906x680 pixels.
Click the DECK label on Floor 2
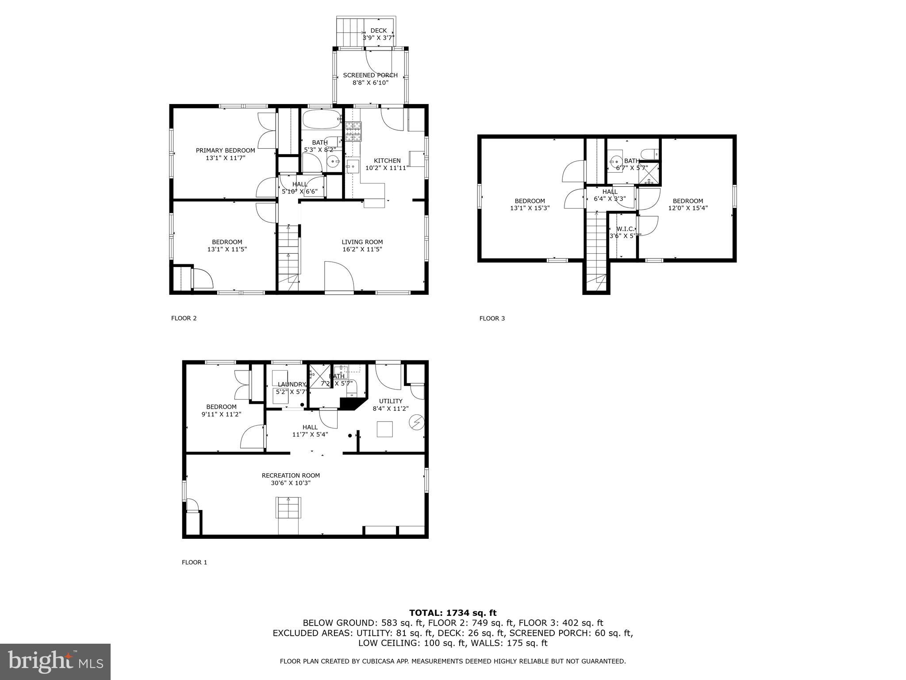378,31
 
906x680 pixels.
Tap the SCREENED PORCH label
370,75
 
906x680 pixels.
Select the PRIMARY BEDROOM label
225,151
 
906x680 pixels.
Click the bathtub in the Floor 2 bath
321,118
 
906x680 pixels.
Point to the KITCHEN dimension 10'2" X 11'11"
387,168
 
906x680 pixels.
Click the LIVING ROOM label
362,242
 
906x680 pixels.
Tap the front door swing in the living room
338,277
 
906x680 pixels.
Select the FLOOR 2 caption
184,318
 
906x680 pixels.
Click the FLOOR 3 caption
492,318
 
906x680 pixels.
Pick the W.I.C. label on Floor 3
626,229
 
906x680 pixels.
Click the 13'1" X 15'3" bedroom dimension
530,208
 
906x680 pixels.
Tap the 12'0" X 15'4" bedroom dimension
688,208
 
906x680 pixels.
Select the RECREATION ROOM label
291,475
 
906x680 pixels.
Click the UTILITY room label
391,401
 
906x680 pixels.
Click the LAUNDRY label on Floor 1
292,384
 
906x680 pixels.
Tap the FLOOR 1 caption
194,562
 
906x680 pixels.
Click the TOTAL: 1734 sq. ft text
453,613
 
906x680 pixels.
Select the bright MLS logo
55,662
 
